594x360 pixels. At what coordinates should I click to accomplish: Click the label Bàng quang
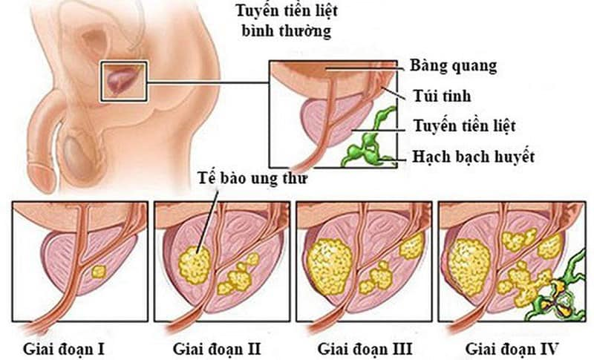tap(453, 67)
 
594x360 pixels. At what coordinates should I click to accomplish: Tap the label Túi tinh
tap(442, 96)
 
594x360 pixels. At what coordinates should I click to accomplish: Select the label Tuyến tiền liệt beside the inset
tap(464, 125)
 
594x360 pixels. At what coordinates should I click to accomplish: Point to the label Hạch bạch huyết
tap(473, 157)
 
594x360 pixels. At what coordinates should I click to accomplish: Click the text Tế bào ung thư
tap(252, 178)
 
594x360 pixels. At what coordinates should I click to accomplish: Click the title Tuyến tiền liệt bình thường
tap(287, 21)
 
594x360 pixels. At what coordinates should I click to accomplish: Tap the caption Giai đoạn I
tap(64, 349)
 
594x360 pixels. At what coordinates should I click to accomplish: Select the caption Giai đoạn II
tap(217, 349)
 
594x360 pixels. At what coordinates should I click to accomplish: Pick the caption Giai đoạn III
tap(365, 349)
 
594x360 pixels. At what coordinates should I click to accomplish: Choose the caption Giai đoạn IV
tap(512, 349)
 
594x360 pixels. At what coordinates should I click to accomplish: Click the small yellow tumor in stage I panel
tap(99, 272)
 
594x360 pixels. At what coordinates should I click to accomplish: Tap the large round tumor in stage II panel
tap(195, 265)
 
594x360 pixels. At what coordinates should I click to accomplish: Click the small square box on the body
tap(123, 82)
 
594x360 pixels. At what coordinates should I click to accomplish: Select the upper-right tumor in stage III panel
tap(412, 246)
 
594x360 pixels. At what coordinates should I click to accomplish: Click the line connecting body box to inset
tap(208, 82)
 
